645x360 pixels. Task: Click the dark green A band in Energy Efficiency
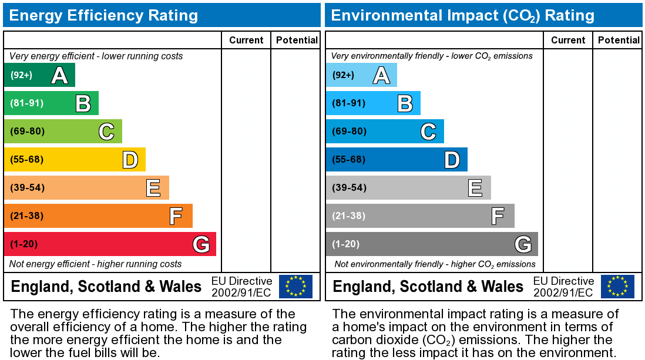(x=39, y=75)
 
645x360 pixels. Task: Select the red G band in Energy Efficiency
(x=110, y=244)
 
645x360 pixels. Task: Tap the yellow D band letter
(x=130, y=160)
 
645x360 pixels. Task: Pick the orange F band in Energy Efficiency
(x=98, y=216)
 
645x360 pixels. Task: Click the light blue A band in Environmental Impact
(x=361, y=75)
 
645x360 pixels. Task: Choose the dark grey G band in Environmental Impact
(x=432, y=244)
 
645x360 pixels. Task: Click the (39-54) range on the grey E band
(x=349, y=188)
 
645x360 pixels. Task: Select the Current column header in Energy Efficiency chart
(x=246, y=40)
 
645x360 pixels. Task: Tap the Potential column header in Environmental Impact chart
(x=619, y=40)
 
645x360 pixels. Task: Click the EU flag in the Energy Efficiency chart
(x=295, y=287)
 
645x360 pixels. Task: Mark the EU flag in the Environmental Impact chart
(x=617, y=287)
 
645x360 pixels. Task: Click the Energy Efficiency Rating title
(x=103, y=15)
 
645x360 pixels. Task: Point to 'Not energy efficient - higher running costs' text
(x=96, y=264)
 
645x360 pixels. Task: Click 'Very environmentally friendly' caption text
(x=432, y=56)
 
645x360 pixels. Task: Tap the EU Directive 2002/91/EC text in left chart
(x=241, y=287)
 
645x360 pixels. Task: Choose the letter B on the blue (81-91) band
(x=405, y=103)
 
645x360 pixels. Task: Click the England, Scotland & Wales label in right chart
(x=428, y=287)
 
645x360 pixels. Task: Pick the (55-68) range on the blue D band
(x=349, y=160)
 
